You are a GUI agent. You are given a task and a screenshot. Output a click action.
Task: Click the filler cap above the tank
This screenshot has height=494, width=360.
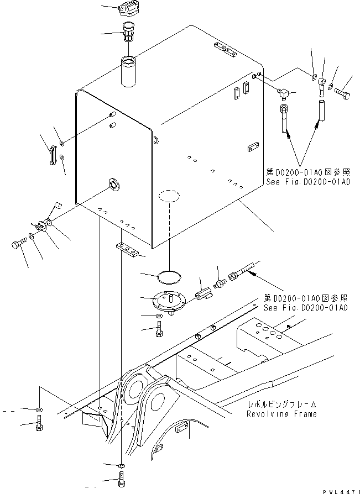pos(126,12)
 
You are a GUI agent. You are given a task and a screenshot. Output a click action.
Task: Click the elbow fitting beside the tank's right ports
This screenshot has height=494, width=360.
pos(286,95)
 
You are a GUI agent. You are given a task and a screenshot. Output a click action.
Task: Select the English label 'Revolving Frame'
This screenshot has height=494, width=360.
pos(282,414)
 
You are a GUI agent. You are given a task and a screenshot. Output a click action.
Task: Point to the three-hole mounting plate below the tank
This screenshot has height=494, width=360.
pos(128,250)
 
